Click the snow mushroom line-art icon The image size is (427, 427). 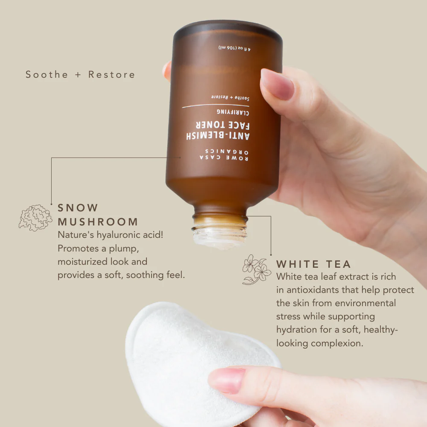click(x=35, y=218)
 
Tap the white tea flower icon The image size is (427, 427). click(x=257, y=269)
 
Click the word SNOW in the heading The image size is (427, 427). click(x=78, y=208)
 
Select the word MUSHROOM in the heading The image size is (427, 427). click(x=98, y=222)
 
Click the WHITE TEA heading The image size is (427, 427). click(x=313, y=264)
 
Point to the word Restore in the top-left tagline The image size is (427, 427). click(x=111, y=74)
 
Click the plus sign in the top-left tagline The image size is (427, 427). click(x=78, y=75)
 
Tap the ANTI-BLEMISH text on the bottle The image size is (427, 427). click(x=218, y=135)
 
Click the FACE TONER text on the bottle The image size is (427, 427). click(x=223, y=125)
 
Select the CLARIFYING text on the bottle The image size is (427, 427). click(x=233, y=112)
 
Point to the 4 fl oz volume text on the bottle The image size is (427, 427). click(x=234, y=48)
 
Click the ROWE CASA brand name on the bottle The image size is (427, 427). click(x=224, y=158)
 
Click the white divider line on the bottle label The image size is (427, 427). click(x=216, y=105)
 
